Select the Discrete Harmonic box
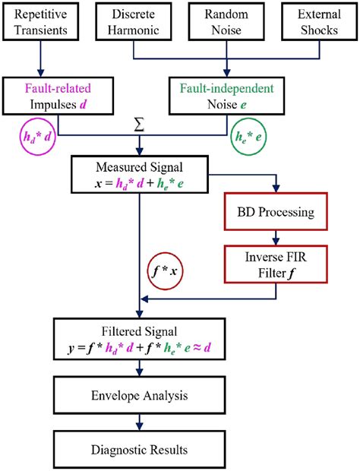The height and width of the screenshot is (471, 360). coord(134,22)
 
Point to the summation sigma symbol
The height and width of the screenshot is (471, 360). coord(138,124)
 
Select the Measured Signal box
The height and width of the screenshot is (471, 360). coord(140,174)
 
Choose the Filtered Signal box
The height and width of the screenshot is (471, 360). coord(140,340)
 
